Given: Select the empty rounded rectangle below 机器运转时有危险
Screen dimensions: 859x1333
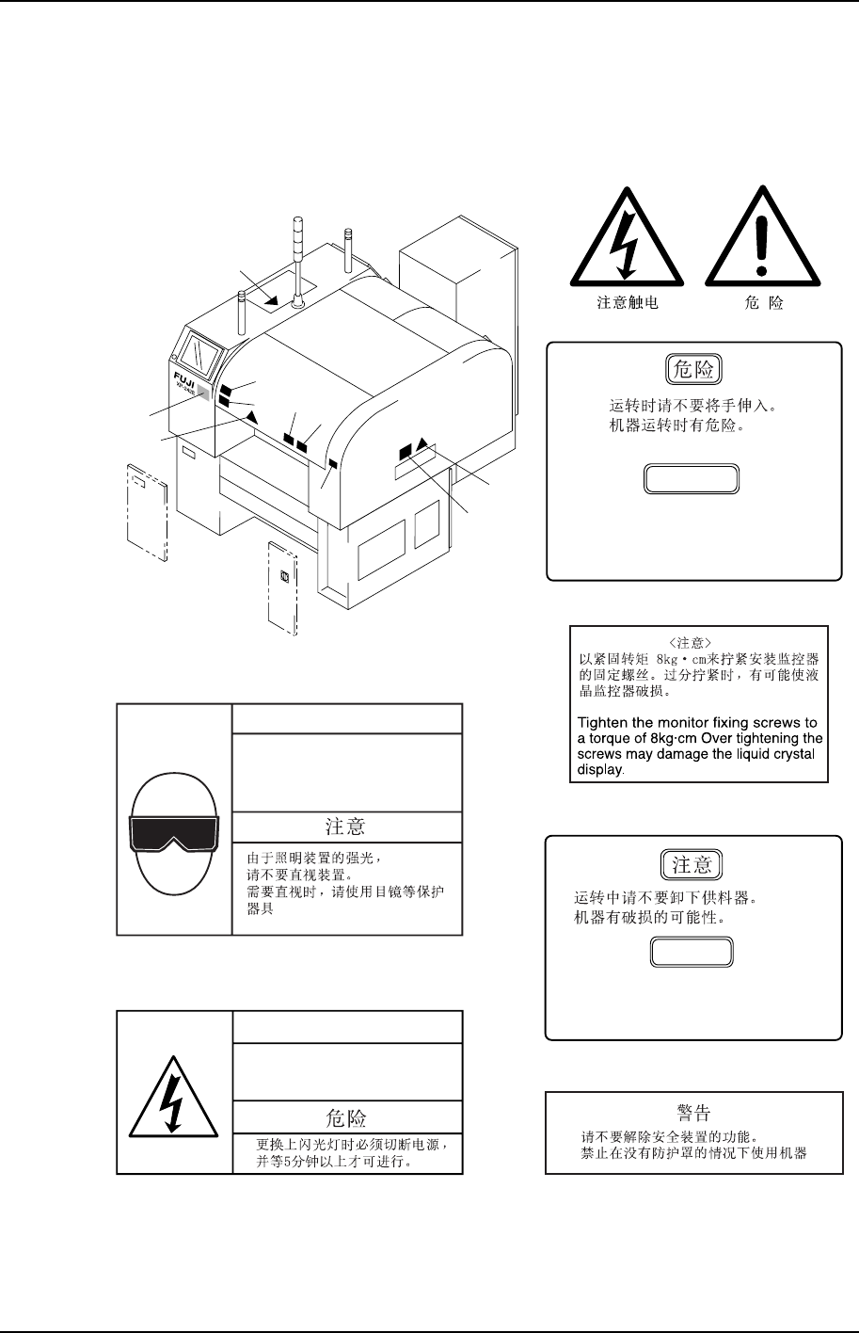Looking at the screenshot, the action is [x=692, y=479].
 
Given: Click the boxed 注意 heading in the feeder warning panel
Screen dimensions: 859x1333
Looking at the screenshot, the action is [x=692, y=864].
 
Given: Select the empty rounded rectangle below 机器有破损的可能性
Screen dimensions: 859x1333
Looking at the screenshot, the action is [x=692, y=953].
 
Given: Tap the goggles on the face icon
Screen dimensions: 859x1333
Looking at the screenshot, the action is [x=174, y=834].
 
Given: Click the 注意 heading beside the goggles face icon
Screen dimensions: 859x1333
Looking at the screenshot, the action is [x=345, y=827].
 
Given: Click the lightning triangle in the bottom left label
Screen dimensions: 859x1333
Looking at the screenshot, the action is [x=173, y=1095].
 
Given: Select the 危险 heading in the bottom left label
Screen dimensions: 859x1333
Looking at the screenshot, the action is [x=345, y=1117].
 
